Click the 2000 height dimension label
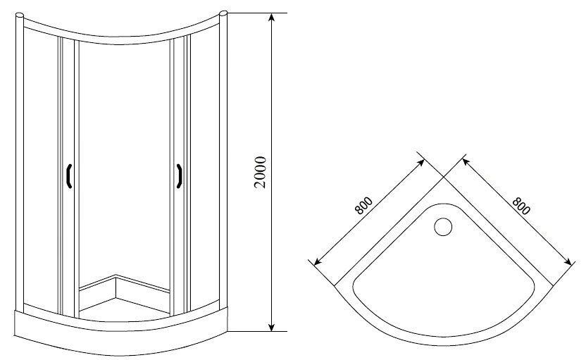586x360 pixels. pos(260,173)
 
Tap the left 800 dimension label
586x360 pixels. pos(363,205)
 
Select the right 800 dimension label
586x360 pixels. pos(521,206)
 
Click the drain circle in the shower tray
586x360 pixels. pos(443,227)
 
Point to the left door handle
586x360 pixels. pos(69,176)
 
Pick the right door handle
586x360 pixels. pos(179,176)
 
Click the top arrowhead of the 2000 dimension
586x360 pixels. pos(272,18)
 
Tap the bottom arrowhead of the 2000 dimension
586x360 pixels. pos(272,326)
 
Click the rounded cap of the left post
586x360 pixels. pos(20,15)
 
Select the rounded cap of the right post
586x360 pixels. pos(223,13)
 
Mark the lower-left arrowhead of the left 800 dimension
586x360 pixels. pos(318,261)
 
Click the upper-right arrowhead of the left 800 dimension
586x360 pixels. pos(420,163)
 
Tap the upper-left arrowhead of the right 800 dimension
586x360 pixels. pos(466,163)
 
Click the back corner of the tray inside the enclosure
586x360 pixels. pos(116,276)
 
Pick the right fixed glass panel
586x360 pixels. pos(205,169)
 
